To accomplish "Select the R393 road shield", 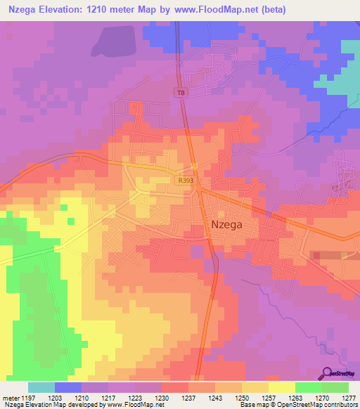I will (x=186, y=181).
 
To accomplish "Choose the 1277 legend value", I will (x=349, y=398).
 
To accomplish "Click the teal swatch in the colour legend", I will (x=41, y=387).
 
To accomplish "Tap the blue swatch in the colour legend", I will (x=68, y=387).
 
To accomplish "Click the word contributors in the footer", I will (x=340, y=405).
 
